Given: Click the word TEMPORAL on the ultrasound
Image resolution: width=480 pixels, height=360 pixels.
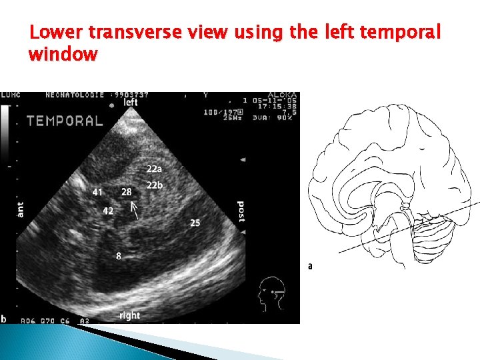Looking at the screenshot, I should (65, 121).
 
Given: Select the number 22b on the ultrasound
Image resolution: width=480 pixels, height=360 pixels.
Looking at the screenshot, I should (155, 185).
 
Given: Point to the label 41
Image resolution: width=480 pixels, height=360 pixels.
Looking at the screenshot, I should (98, 192).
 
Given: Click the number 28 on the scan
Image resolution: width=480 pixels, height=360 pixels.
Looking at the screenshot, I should (126, 192).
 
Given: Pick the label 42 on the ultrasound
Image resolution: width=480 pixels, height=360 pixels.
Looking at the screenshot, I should (108, 211).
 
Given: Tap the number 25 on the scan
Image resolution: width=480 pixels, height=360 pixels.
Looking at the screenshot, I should (195, 223).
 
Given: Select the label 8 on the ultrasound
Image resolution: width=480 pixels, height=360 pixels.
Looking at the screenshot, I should (119, 255).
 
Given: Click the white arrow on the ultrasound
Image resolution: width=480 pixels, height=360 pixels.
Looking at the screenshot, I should (135, 211).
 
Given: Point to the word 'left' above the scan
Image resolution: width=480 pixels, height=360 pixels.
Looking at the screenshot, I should (131, 103).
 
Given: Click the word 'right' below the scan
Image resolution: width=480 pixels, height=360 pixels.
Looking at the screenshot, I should (129, 315).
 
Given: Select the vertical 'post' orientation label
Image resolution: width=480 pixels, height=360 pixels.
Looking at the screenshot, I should (241, 212).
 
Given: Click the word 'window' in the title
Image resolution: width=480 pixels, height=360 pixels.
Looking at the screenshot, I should (63, 54).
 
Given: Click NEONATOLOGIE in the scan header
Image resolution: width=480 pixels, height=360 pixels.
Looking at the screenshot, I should (74, 95).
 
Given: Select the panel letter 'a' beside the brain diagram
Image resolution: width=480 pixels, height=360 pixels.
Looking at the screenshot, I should (310, 266).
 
